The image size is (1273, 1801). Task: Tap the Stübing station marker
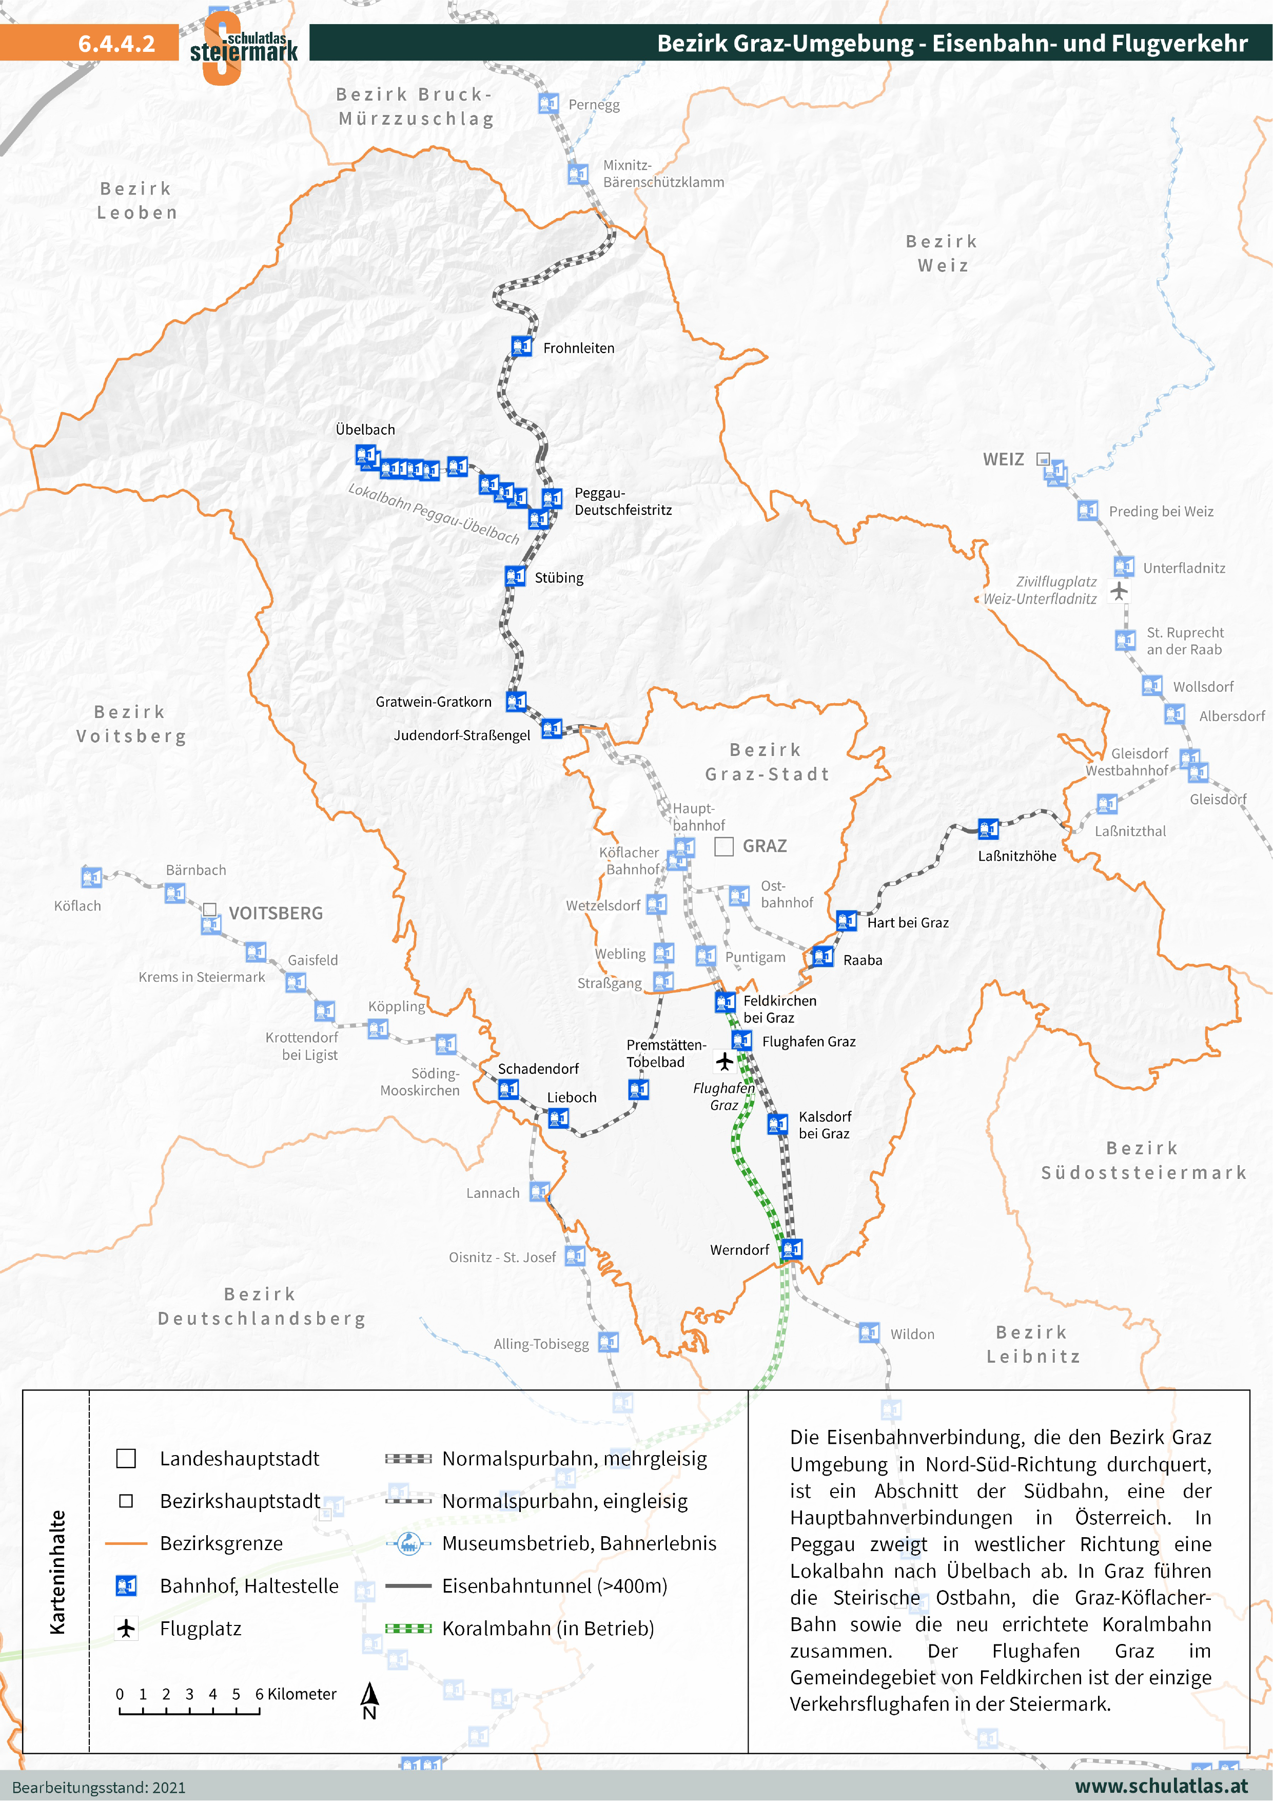[x=515, y=576]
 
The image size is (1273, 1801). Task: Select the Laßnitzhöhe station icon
[x=988, y=828]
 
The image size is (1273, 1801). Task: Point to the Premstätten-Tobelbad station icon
[x=638, y=1090]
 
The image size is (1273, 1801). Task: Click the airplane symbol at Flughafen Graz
[x=724, y=1062]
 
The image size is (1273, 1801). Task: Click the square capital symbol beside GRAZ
[x=724, y=846]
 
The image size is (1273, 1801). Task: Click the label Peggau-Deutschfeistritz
[x=623, y=501]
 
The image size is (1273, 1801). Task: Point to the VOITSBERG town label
[x=276, y=913]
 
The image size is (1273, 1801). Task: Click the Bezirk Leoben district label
[x=138, y=201]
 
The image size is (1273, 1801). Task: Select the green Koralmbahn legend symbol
[x=408, y=1629]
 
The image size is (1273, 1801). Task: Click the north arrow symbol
[x=368, y=1695]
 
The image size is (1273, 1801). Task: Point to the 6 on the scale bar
[x=259, y=1694]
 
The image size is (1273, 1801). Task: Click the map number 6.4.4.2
[x=117, y=43]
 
